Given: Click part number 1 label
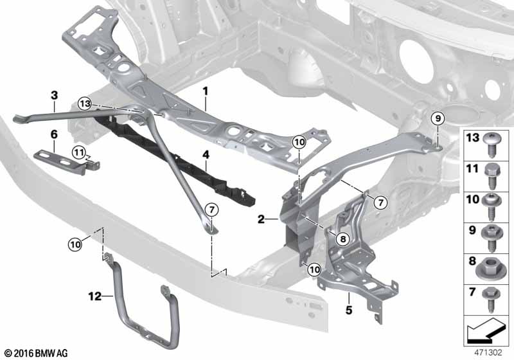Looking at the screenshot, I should [x=206, y=92].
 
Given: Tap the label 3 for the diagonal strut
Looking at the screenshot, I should [x=55, y=95].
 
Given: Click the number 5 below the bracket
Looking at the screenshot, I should [x=349, y=298].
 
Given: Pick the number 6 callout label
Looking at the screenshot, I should [x=54, y=134].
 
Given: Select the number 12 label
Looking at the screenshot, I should [x=96, y=296].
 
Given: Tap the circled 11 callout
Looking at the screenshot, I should [x=78, y=152].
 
